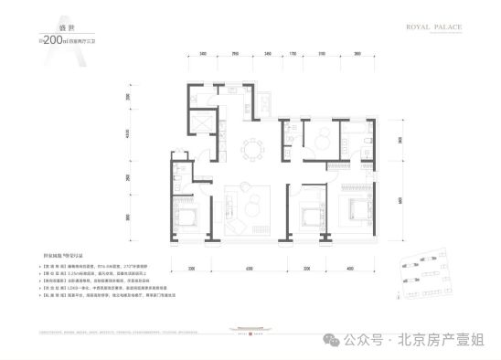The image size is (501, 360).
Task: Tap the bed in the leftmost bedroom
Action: (186, 217)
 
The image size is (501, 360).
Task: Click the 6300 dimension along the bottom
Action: (248, 269)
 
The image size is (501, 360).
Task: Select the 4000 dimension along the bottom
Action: (351, 269)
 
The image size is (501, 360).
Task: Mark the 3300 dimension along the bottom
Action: (194, 269)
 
